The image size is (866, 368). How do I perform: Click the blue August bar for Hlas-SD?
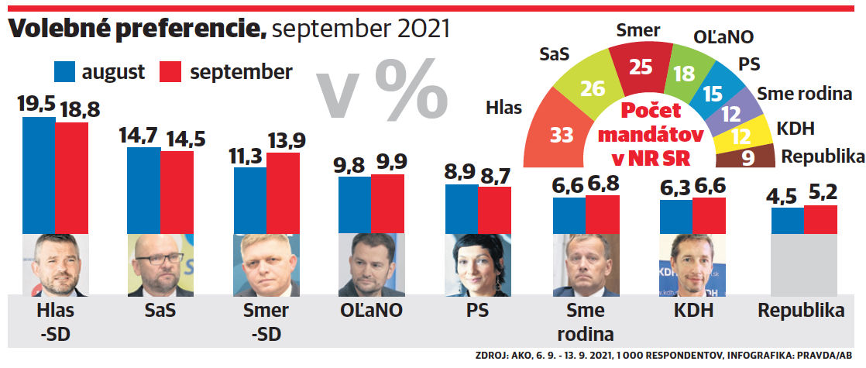click(x=39, y=174)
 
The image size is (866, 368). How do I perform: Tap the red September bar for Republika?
click(x=820, y=219)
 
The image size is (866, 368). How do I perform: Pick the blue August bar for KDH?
click(x=675, y=217)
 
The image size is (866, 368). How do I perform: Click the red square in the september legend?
click(x=170, y=72)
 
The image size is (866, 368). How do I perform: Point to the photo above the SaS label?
click(x=160, y=264)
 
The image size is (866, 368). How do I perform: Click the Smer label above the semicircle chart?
click(x=638, y=30)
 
